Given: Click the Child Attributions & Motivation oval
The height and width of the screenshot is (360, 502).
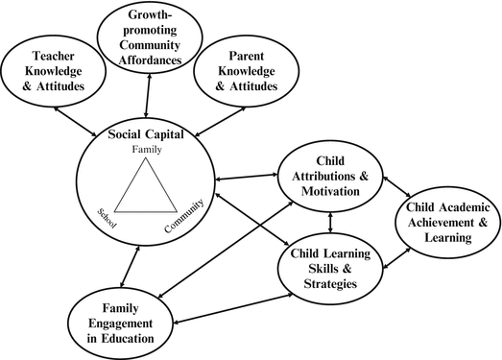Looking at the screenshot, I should pos(330,179).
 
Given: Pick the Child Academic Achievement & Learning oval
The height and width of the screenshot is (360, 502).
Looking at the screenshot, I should pos(445,225).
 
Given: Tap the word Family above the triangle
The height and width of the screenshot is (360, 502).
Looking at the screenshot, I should pos(147,151).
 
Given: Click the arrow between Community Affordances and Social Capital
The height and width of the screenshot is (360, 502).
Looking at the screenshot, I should pos(147,96).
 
